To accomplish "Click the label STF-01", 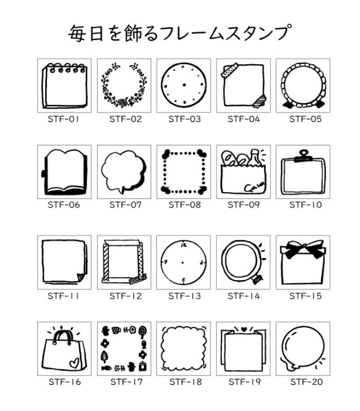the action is point(63,119).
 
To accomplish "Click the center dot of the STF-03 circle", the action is point(184,85).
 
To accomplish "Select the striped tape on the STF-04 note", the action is point(260,102).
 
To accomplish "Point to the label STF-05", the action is point(305,119).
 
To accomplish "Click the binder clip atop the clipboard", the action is point(303,156).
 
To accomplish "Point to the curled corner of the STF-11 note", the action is point(80,277).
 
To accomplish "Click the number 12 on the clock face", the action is point(184,246).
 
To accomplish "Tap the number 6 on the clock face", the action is point(184,280).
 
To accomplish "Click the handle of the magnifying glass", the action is point(257,278).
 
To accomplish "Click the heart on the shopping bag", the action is point(75,363).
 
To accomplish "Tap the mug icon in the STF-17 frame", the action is point(116,330).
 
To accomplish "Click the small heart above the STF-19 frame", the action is point(243,329).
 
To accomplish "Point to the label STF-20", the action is point(307,382).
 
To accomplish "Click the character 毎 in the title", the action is point(77,33).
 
